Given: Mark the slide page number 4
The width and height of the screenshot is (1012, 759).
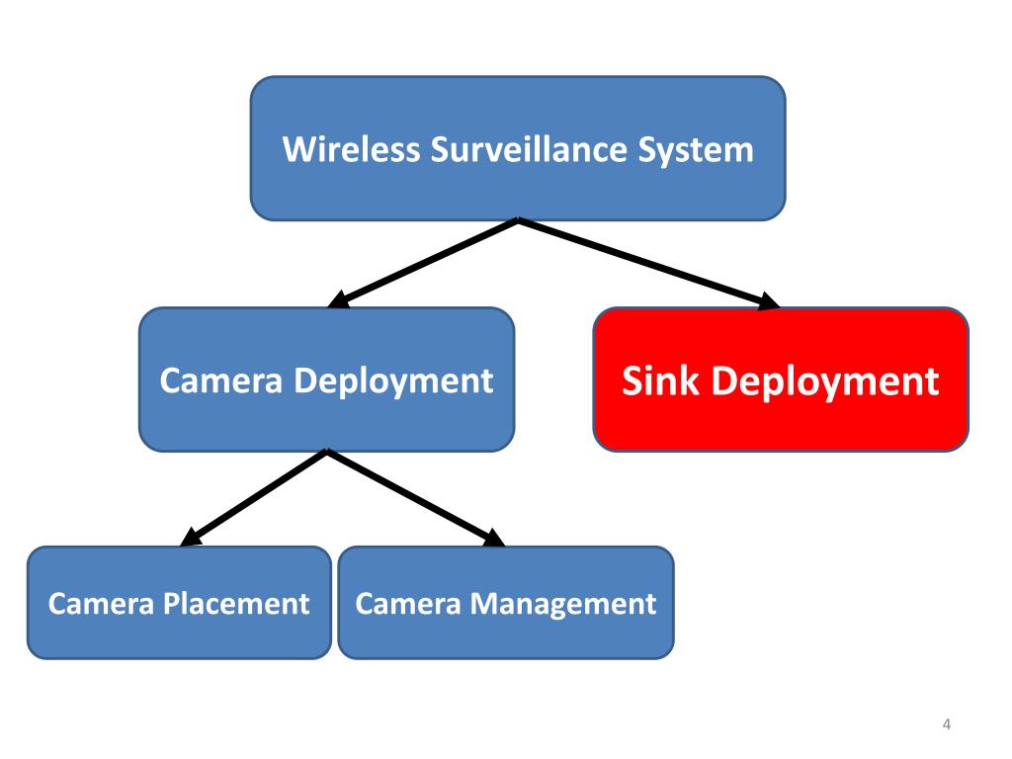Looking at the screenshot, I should [x=947, y=726].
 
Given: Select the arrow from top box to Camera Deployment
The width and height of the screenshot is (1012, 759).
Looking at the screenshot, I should [x=425, y=263].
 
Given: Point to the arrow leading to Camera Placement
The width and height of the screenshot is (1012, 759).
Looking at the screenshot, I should [x=254, y=497].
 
